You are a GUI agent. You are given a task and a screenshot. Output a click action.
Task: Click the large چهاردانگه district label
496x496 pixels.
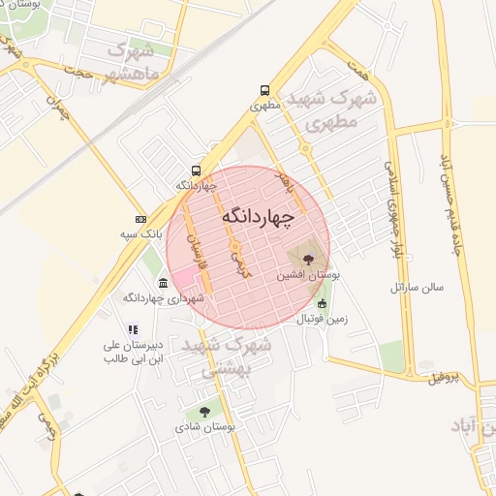point(257,216)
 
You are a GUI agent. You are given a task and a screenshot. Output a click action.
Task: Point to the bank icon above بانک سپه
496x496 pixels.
point(141,219)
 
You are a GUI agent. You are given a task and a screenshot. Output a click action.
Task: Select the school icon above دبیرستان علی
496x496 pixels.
point(133,329)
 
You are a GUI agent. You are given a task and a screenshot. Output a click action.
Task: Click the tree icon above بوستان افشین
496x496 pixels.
point(308,259)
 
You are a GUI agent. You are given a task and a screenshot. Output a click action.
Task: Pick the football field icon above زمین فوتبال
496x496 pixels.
point(323,303)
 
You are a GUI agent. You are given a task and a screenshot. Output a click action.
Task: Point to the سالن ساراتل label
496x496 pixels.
point(417,288)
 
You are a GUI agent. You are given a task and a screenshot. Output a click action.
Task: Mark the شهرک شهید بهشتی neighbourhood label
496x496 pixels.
point(237,356)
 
